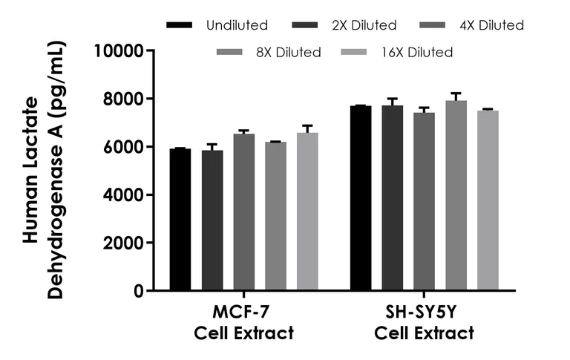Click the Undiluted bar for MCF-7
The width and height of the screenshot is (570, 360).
(x=180, y=220)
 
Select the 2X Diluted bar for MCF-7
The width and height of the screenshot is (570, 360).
(x=212, y=220)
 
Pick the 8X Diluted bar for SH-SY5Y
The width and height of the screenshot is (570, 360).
(x=456, y=196)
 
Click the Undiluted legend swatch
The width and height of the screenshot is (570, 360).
(x=180, y=25)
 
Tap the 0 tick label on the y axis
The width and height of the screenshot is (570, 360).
(x=139, y=291)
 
